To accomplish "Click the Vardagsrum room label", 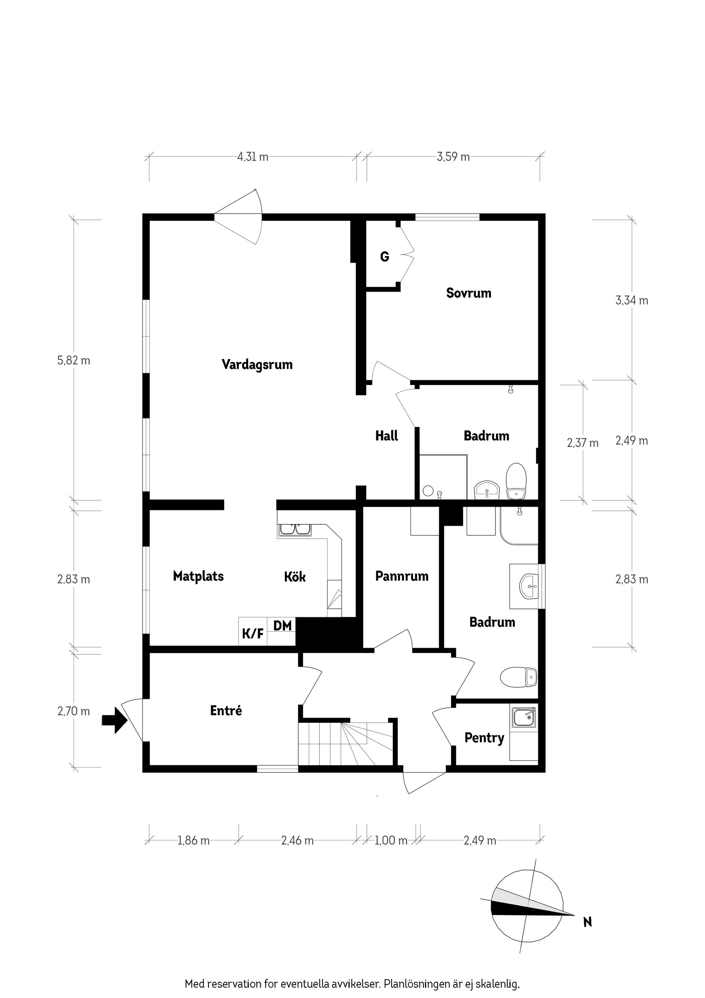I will point(257,364).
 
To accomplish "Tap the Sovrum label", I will point(469,293).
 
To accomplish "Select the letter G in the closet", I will point(384,257).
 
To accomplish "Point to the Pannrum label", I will point(402,577).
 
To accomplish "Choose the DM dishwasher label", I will point(282,626).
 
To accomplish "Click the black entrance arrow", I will point(114,721).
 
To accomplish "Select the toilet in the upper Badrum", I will point(517,481).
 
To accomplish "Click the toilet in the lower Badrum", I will point(518,677).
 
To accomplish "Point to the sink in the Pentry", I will point(524,717).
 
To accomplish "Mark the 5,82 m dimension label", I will point(74,361).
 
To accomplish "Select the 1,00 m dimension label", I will point(391,841).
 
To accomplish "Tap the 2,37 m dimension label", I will point(582,443).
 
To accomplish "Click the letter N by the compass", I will point(587,922).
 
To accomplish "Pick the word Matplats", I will point(198,577).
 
